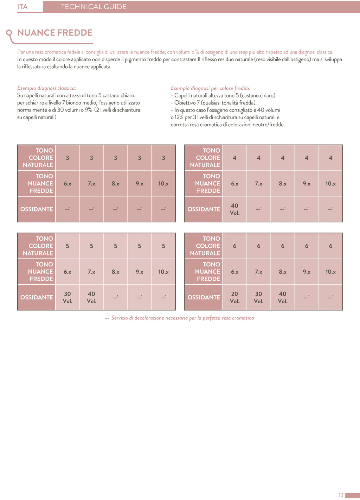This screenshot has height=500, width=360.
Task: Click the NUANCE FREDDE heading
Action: pyautogui.click(x=55, y=33)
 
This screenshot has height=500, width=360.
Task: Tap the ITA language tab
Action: pyautogui.click(x=22, y=7)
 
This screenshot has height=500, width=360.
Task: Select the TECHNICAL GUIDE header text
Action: pyautogui.click(x=94, y=7)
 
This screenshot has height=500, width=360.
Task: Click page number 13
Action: pyautogui.click(x=341, y=495)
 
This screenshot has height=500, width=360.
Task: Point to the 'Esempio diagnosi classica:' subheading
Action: pyautogui.click(x=46, y=88)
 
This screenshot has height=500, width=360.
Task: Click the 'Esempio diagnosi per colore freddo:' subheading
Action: pyautogui.click(x=210, y=88)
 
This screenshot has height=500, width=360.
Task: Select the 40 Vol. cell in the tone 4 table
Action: pyautogui.click(x=234, y=209)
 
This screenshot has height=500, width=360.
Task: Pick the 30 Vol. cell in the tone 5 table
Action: pyautogui.click(x=67, y=297)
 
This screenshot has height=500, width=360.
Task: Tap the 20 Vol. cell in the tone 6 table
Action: pyautogui.click(x=234, y=297)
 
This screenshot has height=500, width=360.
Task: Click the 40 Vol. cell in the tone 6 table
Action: pyautogui.click(x=283, y=297)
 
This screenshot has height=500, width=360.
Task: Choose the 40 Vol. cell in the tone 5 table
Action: pyautogui.click(x=91, y=297)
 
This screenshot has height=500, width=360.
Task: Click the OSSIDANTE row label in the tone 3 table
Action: pyautogui.click(x=37, y=209)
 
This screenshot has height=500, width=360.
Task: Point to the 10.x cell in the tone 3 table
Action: pyautogui.click(x=163, y=184)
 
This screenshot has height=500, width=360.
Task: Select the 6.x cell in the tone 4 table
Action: pyautogui.click(x=234, y=184)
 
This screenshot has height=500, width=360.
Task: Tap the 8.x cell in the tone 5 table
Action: pyautogui.click(x=115, y=272)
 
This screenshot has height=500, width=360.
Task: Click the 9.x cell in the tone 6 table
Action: pyautogui.click(x=307, y=272)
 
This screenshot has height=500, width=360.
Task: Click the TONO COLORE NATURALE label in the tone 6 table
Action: pyautogui.click(x=205, y=246)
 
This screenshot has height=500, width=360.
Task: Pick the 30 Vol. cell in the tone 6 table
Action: pyautogui.click(x=258, y=297)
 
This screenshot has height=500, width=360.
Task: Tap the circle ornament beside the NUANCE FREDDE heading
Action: pyautogui.click(x=9, y=33)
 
